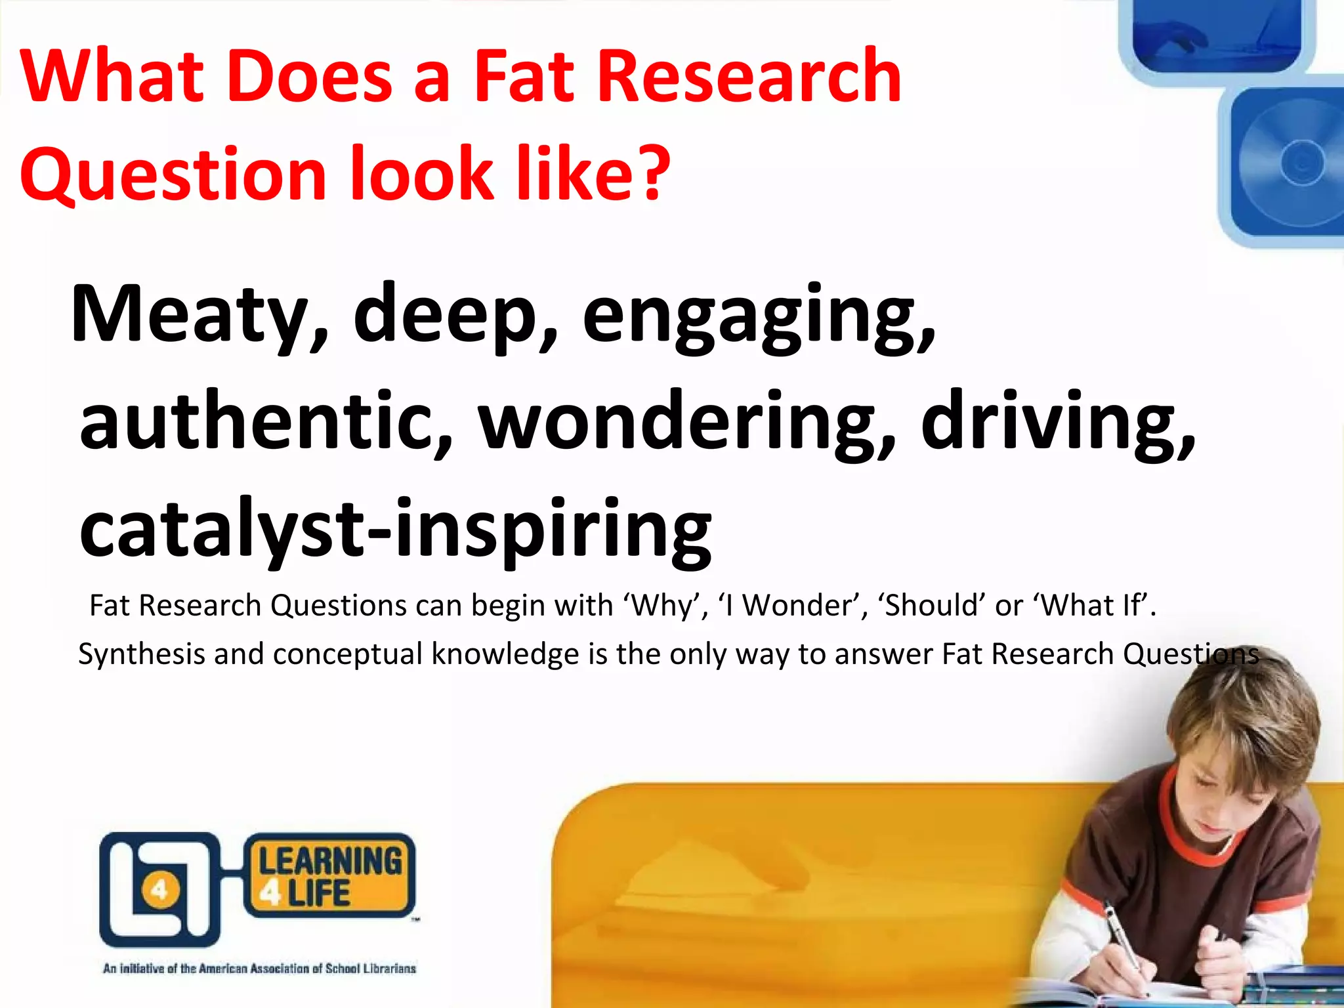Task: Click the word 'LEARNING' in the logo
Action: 330,860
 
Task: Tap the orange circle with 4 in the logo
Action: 159,891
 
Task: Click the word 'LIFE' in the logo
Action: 319,894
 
